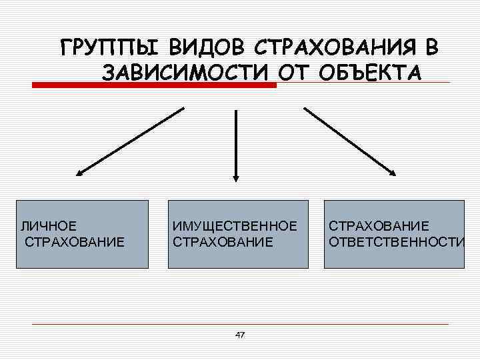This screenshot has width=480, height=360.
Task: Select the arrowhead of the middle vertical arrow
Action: [235, 177]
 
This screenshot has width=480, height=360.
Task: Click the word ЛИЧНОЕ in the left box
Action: [48, 225]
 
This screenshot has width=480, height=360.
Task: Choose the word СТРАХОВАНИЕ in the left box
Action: [74, 241]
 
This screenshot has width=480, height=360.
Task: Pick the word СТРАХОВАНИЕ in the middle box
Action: [222, 241]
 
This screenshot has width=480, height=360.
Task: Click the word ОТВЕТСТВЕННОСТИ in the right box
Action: [396, 241]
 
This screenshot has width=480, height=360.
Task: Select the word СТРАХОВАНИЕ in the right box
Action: [378, 225]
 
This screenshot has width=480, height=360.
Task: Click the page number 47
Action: [240, 335]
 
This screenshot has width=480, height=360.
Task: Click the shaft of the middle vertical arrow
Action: [235, 140]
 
